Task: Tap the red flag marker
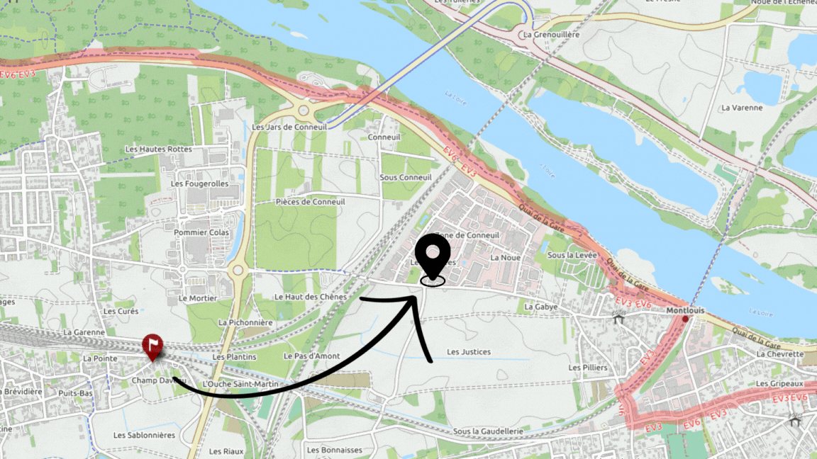click(152, 346)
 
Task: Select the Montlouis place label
click(684, 310)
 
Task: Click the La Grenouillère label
click(550, 34)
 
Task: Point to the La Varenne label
click(741, 108)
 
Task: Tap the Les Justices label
click(468, 351)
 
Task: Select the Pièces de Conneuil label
click(310, 202)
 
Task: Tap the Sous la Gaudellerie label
click(488, 431)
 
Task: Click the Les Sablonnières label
click(144, 435)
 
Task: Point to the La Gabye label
click(541, 307)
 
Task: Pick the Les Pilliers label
click(588, 368)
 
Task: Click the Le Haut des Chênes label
click(311, 297)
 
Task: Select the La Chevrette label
click(780, 353)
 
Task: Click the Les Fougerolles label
click(200, 183)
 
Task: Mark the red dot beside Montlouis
click(685, 319)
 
